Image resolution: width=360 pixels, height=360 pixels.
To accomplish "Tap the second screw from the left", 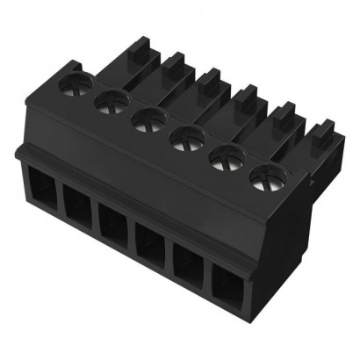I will [109, 104].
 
